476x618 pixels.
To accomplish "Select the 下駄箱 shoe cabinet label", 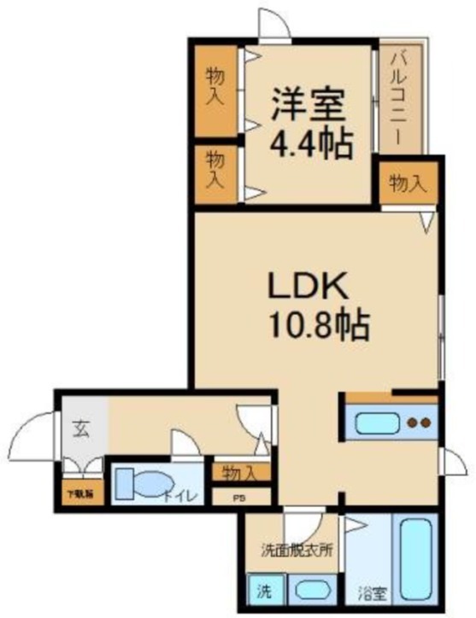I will point(81,493).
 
